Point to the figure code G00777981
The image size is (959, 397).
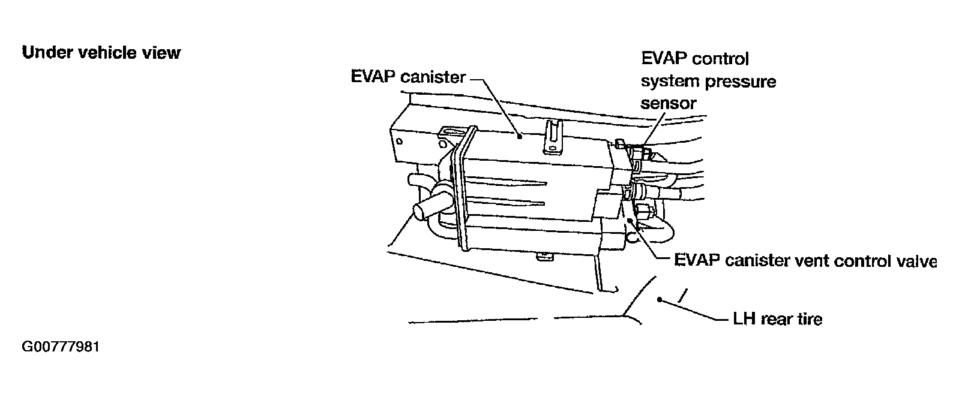coord(60,348)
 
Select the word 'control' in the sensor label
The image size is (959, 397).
coord(720,59)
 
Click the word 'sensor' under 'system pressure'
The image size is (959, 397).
coord(669,103)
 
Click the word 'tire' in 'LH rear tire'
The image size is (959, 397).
coord(807,318)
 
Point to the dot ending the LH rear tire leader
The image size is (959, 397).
coord(660,298)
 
